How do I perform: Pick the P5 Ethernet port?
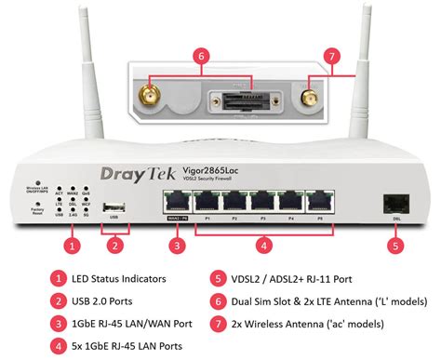click(x=322, y=202)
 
